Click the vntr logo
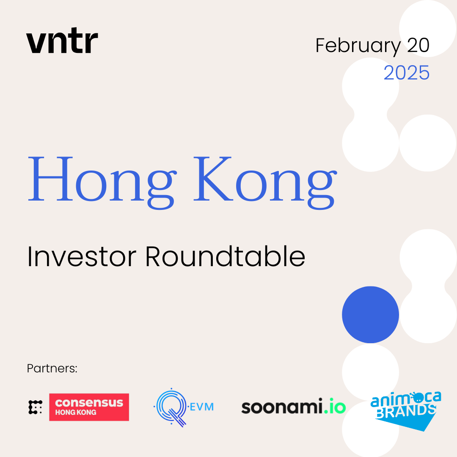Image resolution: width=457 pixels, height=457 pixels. [62, 40]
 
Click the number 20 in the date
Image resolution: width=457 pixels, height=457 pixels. [418, 45]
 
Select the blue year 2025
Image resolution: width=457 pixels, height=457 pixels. [407, 73]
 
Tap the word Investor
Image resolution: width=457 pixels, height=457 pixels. [82, 256]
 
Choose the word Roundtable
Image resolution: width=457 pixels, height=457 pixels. [225, 256]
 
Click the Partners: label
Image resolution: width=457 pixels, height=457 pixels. [52, 369]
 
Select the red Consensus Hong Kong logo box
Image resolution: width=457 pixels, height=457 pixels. [89, 407]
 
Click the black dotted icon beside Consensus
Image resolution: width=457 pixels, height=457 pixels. [35, 407]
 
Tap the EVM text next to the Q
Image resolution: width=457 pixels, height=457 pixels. [202, 407]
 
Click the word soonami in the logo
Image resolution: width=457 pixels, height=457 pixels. [282, 406]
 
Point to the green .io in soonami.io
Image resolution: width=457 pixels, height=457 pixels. [335, 406]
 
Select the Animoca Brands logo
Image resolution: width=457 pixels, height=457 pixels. [406, 411]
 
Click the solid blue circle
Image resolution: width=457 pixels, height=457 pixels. [370, 314]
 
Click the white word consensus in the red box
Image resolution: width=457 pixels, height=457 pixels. [89, 403]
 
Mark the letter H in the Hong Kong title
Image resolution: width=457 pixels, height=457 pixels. [50, 179]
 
